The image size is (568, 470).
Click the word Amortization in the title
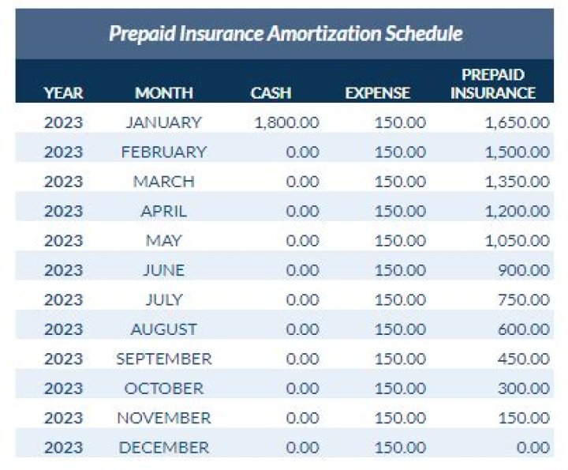click(x=305, y=34)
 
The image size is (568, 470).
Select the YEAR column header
click(x=63, y=92)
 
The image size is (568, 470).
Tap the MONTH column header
click(x=164, y=92)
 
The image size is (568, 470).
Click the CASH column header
click(x=271, y=92)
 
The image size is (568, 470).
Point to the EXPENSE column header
click(x=378, y=92)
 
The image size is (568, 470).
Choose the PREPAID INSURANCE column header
click(x=493, y=84)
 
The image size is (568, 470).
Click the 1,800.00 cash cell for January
click(x=286, y=122)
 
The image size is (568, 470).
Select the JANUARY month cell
click(x=164, y=122)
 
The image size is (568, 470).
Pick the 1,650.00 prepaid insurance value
click(x=517, y=122)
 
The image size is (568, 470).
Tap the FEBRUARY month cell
click(x=164, y=152)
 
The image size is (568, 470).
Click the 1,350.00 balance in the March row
click(x=517, y=182)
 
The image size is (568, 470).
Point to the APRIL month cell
click(x=164, y=211)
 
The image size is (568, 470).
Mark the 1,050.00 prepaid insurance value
click(x=517, y=241)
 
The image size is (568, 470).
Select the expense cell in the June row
click(x=400, y=270)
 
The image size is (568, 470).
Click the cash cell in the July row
click(x=302, y=299)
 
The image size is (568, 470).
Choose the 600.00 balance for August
click(x=524, y=329)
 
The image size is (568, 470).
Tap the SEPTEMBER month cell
click(x=164, y=359)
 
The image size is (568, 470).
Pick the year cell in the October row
click(x=63, y=388)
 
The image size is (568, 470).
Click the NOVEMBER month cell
click(x=164, y=418)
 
